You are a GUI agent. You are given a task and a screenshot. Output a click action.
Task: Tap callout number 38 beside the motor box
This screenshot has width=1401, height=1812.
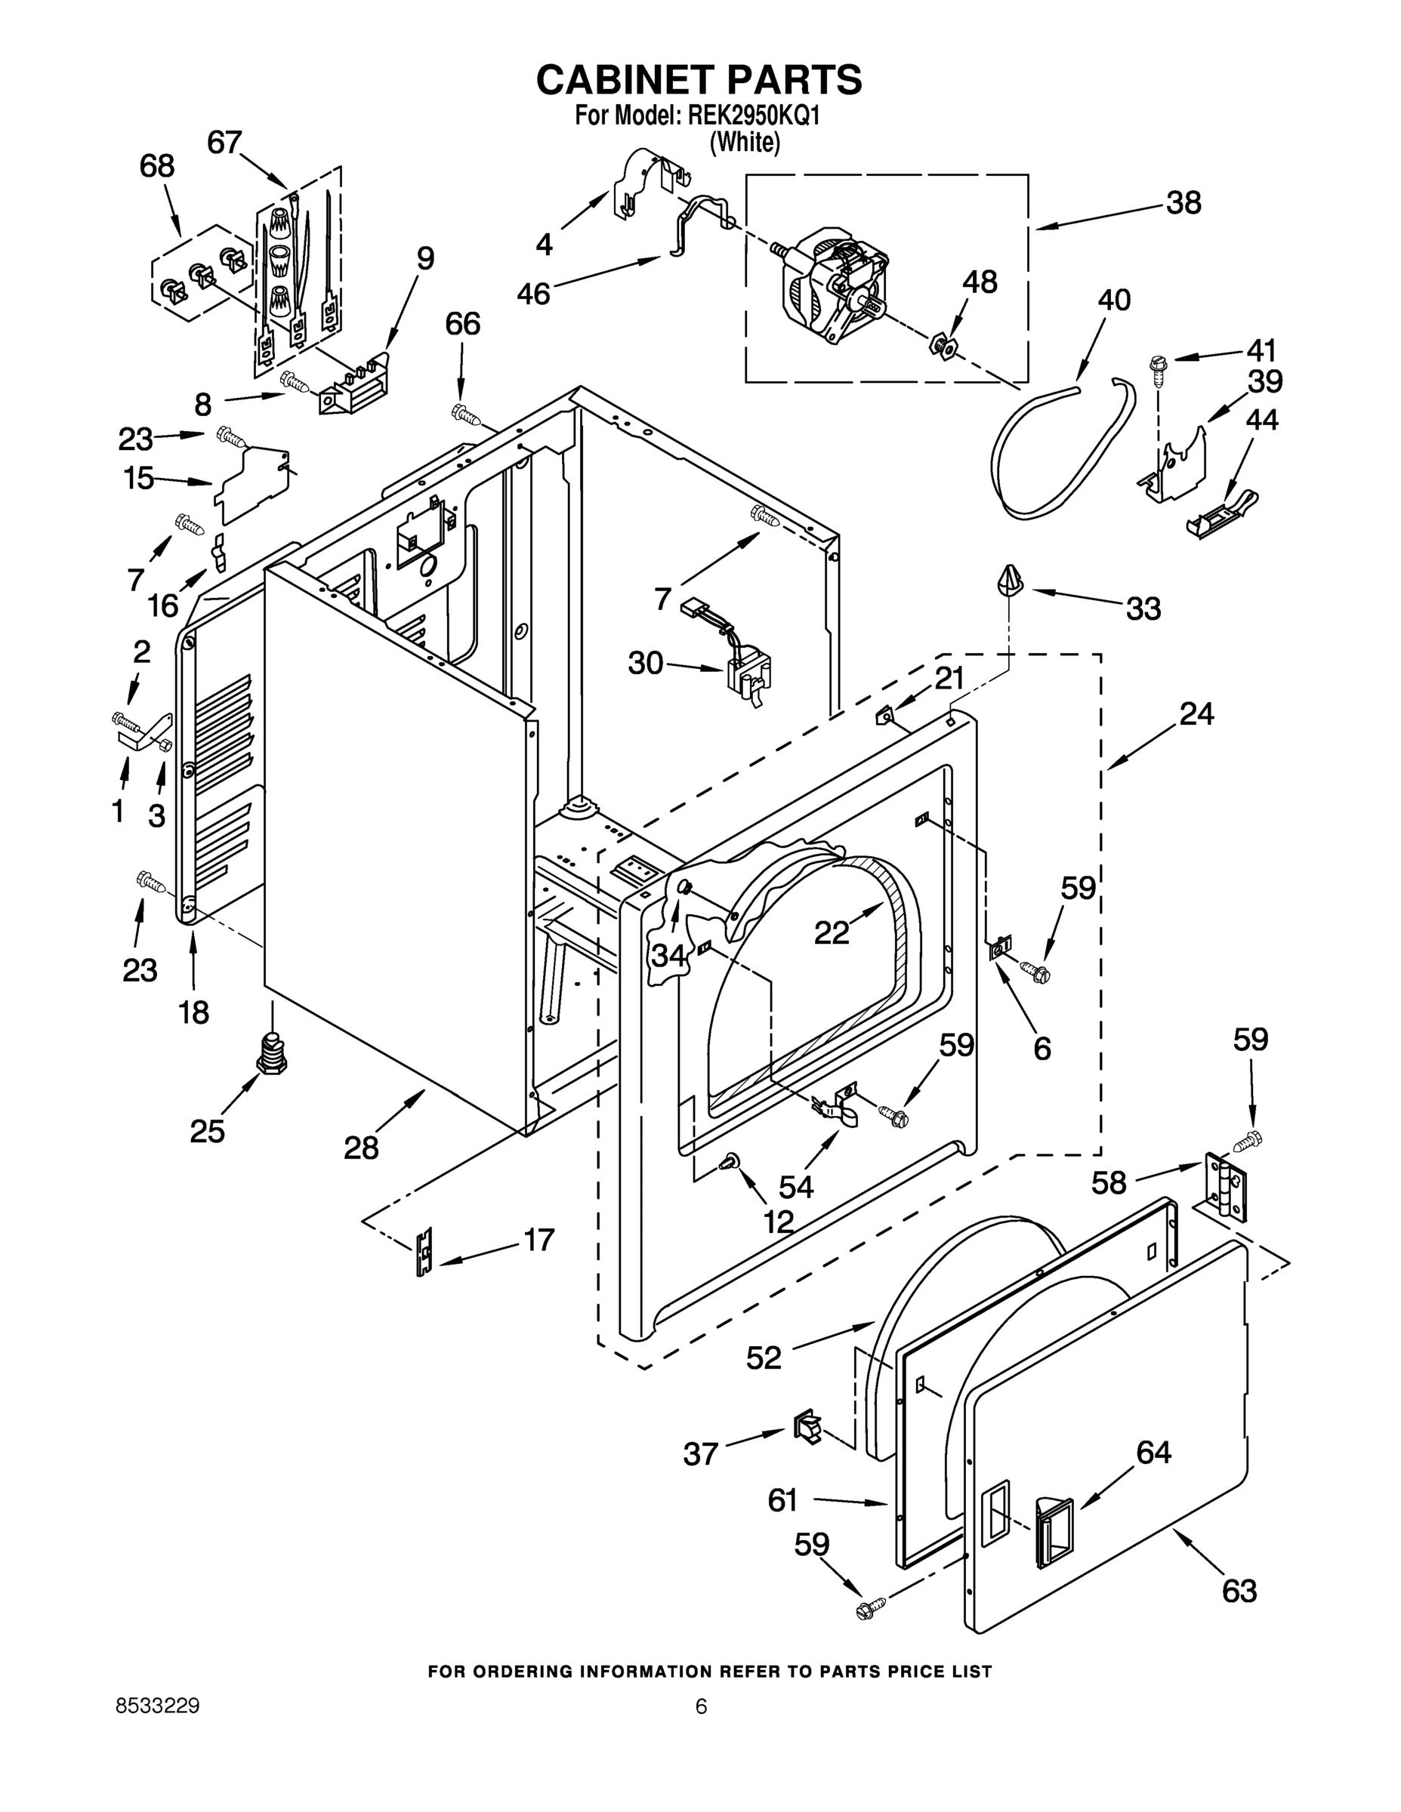point(1183,203)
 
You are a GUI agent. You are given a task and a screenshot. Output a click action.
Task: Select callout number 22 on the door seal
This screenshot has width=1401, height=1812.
point(832,932)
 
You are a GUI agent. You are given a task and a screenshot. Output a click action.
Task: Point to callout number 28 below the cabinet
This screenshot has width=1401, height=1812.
point(361,1148)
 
